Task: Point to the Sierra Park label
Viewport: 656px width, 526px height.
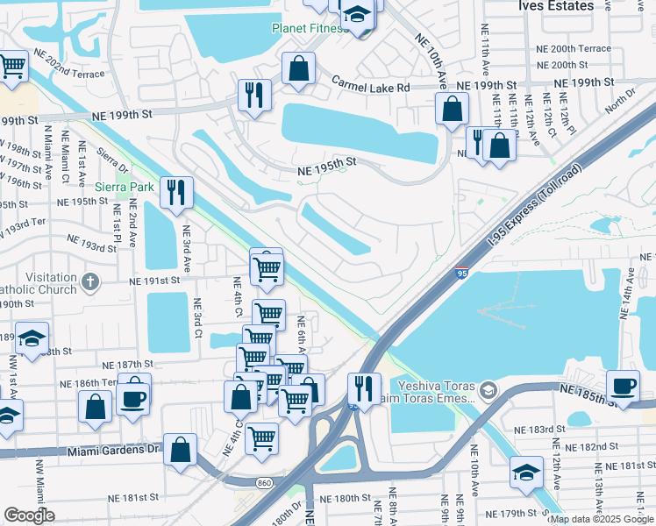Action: click(x=125, y=186)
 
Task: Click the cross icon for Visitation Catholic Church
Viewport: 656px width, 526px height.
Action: click(x=89, y=281)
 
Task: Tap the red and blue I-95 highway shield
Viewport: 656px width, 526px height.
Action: click(x=461, y=274)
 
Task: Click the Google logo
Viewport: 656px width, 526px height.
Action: click(x=29, y=515)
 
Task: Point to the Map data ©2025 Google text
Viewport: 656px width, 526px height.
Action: click(x=602, y=519)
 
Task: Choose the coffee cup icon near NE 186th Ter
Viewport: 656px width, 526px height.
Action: click(x=134, y=398)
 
